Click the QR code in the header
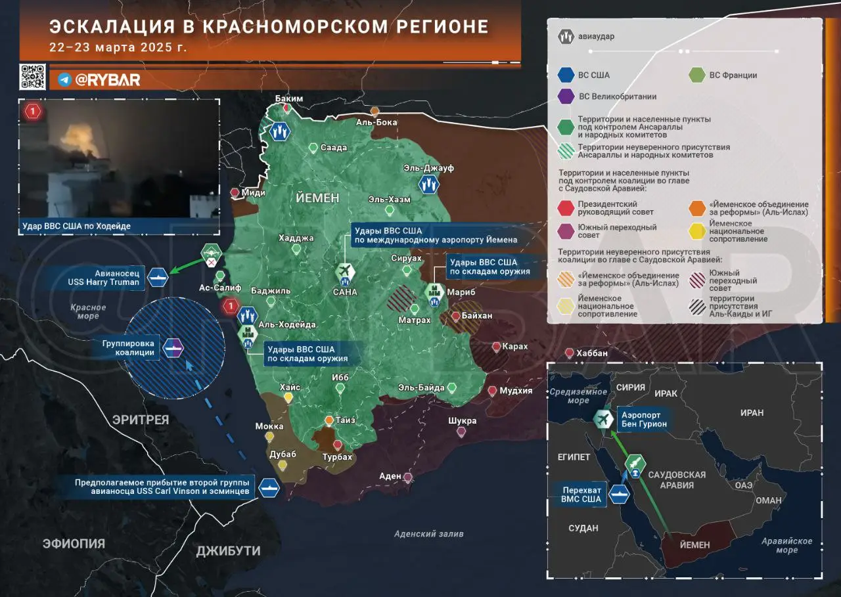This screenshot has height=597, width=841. [32, 77]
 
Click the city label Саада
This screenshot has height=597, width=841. [334, 148]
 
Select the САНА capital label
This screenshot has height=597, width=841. [345, 292]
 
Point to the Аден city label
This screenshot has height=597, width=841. [390, 476]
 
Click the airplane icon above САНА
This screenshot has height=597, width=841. [344, 271]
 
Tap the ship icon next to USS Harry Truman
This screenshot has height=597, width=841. [158, 276]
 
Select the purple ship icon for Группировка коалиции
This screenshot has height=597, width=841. [173, 347]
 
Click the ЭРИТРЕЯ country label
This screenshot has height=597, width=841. [140, 420]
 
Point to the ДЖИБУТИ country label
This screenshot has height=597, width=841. [228, 551]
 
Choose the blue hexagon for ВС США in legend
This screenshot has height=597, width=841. [566, 75]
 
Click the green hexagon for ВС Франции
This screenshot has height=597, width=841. [697, 75]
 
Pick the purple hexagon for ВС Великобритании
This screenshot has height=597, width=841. [566, 97]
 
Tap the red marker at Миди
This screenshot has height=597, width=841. [235, 192]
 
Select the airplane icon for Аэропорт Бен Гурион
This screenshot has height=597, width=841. [602, 419]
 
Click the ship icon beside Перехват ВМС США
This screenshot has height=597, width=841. [618, 495]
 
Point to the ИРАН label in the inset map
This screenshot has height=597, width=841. [752, 413]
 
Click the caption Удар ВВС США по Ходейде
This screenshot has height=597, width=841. [76, 226]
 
